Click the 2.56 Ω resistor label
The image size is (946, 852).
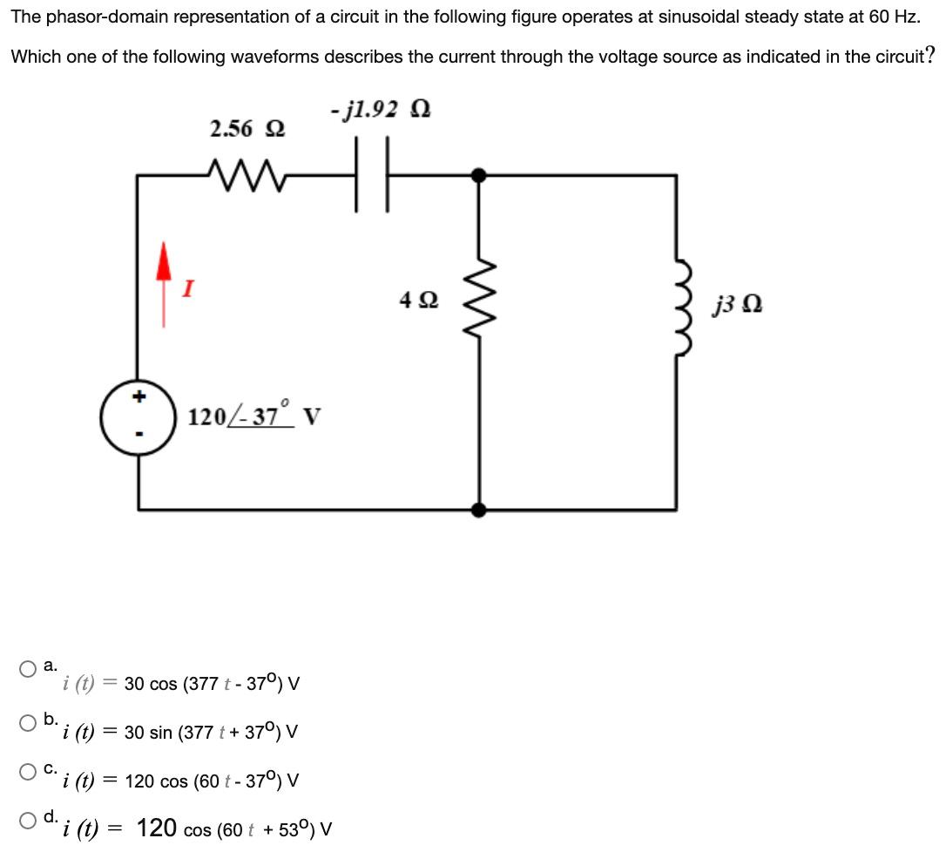click(x=247, y=129)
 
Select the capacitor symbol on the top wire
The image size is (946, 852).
click(x=372, y=176)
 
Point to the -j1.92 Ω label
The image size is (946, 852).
click(x=382, y=109)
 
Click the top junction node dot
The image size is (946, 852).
click(x=478, y=175)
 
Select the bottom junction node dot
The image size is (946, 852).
click(x=478, y=510)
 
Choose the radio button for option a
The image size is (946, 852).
click(x=30, y=670)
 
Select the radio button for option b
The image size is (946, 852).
click(x=30, y=721)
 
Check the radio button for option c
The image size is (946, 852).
click(x=30, y=771)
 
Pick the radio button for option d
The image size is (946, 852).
click(x=30, y=820)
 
